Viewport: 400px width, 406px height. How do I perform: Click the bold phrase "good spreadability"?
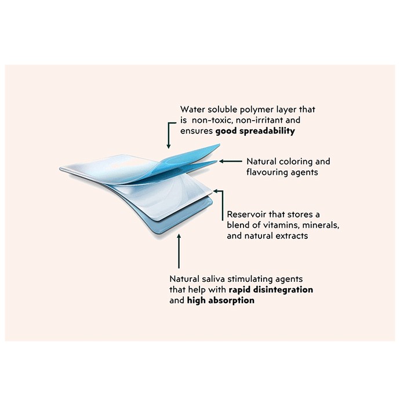tap(255, 131)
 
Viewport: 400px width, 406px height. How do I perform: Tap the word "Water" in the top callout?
tap(191, 109)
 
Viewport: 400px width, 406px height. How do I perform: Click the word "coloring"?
tap(291, 162)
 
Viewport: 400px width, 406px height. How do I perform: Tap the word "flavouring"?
tap(266, 172)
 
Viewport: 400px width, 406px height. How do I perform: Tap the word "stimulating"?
tap(250, 280)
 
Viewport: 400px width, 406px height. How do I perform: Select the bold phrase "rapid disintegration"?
tap(271, 290)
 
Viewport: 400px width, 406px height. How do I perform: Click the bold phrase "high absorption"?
tap(221, 300)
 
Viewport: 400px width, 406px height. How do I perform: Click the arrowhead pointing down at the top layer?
tap(169, 146)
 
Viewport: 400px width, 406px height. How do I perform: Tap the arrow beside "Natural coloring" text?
tap(231, 161)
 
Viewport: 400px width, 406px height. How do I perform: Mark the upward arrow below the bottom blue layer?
tap(179, 251)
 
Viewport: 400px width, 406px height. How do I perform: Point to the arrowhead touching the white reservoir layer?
tap(216, 191)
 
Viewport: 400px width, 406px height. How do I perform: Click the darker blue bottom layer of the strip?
tap(181, 220)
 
